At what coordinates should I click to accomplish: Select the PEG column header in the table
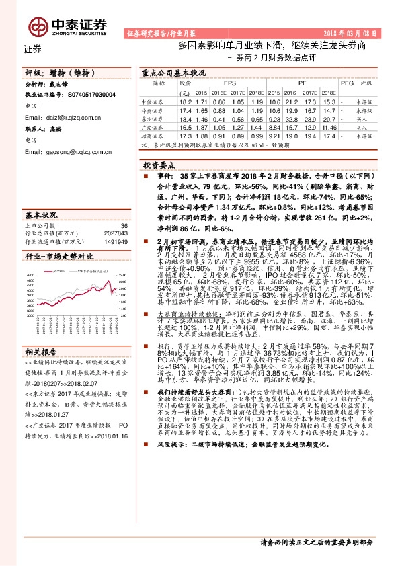346,83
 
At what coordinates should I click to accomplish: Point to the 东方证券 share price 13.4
186,118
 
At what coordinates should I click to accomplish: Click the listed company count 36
123,226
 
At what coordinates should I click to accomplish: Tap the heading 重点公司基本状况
173,71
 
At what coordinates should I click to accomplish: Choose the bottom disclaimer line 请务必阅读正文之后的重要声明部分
316,542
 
